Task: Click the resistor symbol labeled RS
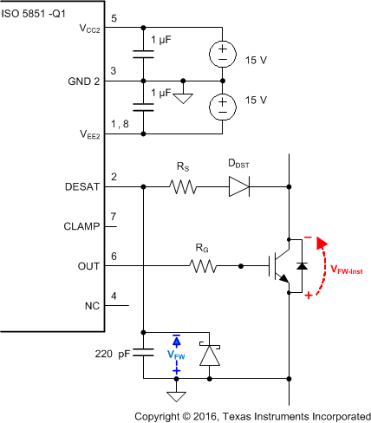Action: [183, 185]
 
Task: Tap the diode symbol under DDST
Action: [238, 185]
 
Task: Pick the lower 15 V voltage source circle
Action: [222, 107]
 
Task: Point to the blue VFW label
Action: [175, 354]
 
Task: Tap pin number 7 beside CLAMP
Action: [113, 216]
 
